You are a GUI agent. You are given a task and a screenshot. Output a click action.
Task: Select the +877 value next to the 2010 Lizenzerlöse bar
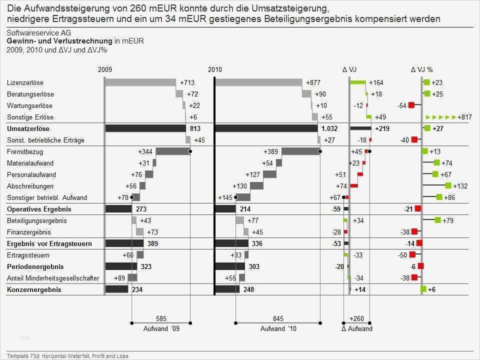[x=313, y=82]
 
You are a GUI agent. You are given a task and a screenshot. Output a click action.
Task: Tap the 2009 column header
[x=105, y=70]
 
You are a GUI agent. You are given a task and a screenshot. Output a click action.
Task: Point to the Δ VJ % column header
[x=421, y=70]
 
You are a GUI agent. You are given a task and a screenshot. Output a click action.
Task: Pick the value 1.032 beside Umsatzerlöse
[x=329, y=128]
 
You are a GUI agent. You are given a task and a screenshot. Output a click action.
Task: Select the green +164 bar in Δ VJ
[x=358, y=82]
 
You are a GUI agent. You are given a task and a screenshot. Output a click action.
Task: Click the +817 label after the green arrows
[x=465, y=117]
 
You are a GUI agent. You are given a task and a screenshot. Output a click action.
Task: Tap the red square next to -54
[x=411, y=105]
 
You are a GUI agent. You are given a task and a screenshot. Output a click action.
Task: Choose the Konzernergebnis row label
[x=34, y=289]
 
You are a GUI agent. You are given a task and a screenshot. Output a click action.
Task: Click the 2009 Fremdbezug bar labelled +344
[x=173, y=151]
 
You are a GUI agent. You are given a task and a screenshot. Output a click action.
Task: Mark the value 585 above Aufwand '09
[x=161, y=318]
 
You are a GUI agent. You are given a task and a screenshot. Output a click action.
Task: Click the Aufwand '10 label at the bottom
[x=278, y=328]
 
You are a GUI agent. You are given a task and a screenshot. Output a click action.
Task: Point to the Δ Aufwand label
[x=356, y=328]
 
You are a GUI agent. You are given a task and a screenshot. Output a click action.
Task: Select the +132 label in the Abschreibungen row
[x=460, y=186]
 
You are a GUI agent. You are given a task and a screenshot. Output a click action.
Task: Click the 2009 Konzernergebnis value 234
[x=137, y=289]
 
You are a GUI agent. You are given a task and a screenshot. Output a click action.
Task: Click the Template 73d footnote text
[x=67, y=355]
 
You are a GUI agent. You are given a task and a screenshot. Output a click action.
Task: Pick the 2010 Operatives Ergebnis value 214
[x=245, y=209]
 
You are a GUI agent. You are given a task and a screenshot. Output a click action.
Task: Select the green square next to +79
[x=438, y=220]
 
